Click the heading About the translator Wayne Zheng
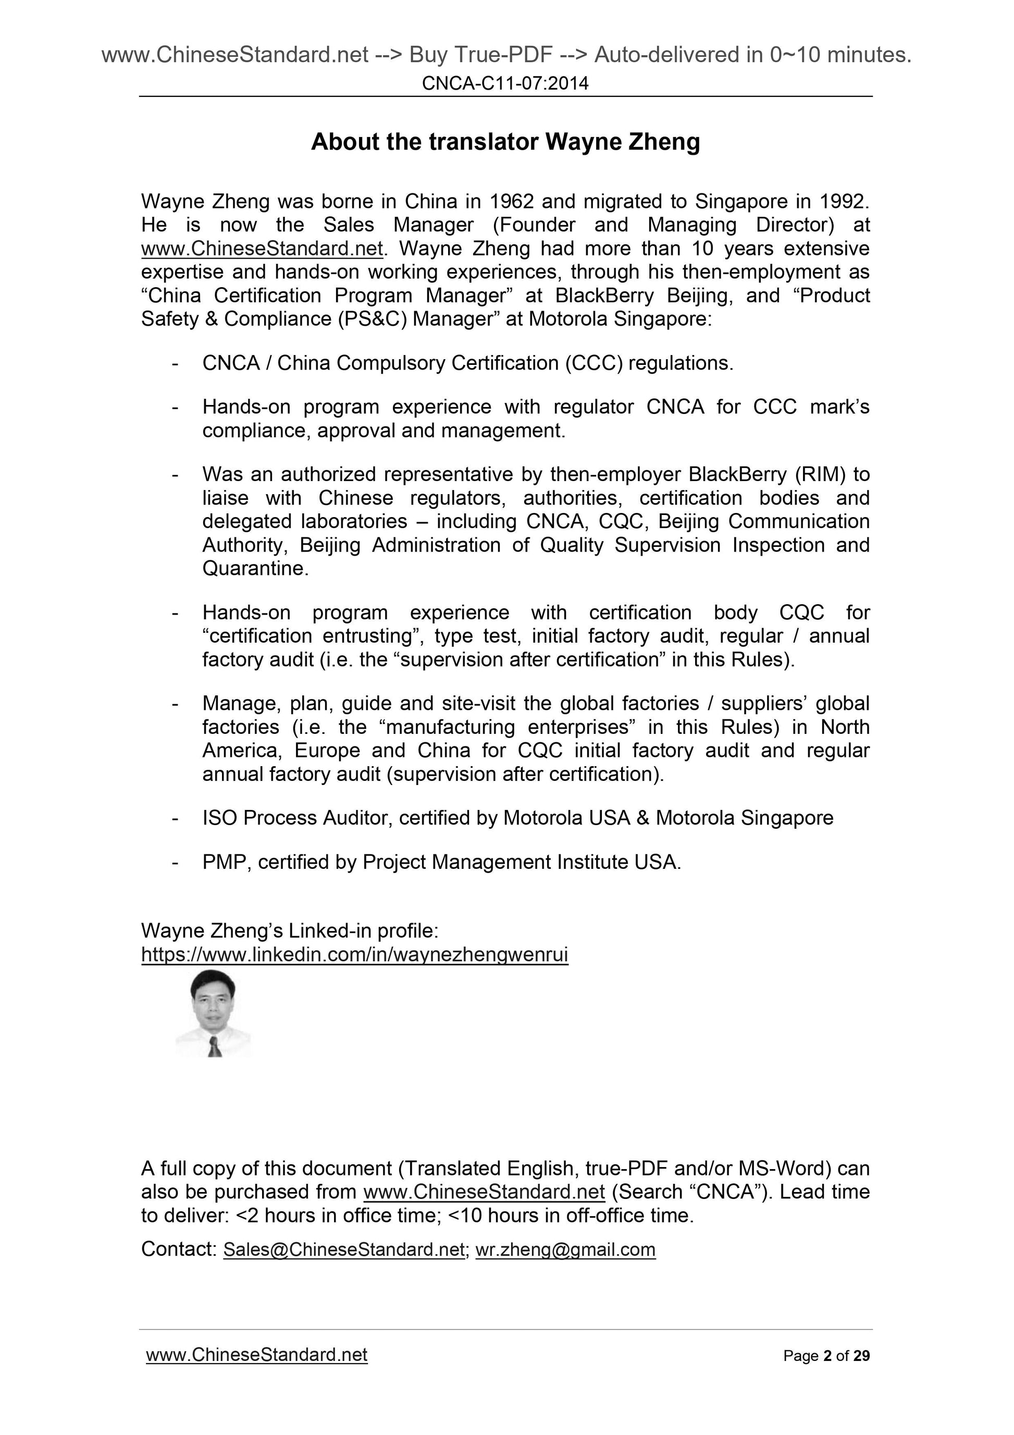[x=505, y=142]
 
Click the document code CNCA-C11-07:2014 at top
[x=505, y=83]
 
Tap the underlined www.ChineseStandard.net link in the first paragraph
[x=262, y=249]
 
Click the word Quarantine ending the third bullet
[x=255, y=569]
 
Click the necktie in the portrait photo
[x=214, y=1046]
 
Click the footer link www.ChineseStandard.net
[x=256, y=1355]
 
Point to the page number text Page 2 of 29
[x=826, y=1356]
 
